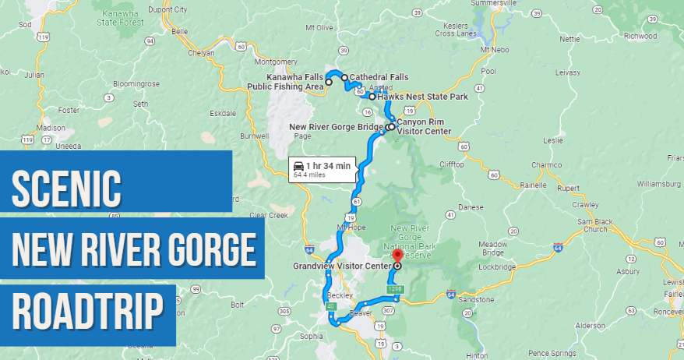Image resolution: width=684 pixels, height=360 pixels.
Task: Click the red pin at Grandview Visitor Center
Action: tap(397, 256)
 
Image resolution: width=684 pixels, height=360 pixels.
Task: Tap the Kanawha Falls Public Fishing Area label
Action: tap(284, 82)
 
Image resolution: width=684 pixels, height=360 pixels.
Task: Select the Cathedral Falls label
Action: tap(379, 76)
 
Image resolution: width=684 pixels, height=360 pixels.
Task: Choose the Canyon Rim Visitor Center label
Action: tap(420, 126)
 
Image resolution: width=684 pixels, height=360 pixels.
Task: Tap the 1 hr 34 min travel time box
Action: tap(323, 169)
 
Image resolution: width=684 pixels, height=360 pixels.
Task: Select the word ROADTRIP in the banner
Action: tap(88, 312)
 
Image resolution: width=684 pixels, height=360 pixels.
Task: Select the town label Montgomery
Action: tap(277, 62)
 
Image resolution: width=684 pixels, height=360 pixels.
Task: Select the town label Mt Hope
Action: tap(351, 227)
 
